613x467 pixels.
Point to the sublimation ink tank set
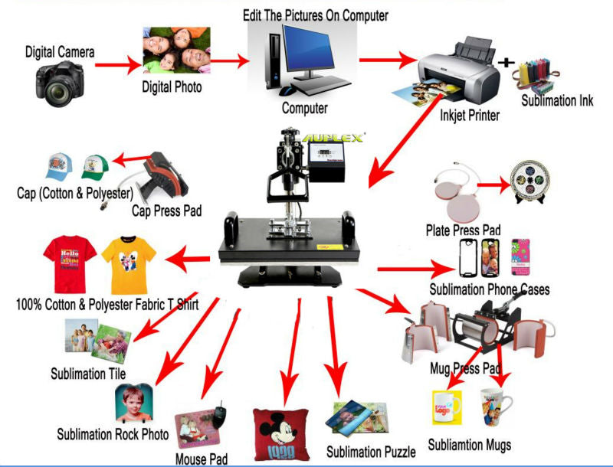[x=546, y=76]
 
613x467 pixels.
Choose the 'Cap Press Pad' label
[x=167, y=210]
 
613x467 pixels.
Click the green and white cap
[x=95, y=165]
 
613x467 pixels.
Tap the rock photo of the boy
[x=133, y=405]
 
